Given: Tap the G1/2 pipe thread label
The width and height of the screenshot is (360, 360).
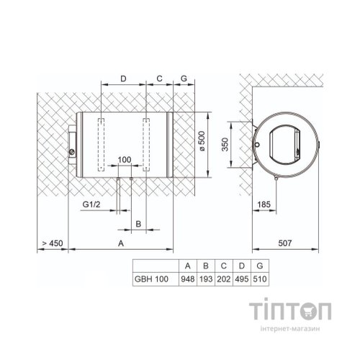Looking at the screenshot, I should tap(90, 204).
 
